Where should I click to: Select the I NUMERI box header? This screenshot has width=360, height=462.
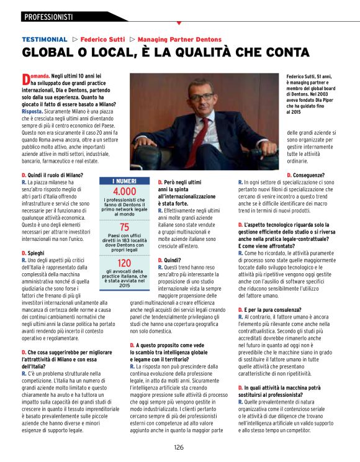124,181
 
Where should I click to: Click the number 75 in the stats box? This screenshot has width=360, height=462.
124,227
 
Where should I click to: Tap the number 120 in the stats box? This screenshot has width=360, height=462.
124,263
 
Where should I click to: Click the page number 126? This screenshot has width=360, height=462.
179,447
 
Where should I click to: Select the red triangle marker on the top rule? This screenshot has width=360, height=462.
179,23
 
